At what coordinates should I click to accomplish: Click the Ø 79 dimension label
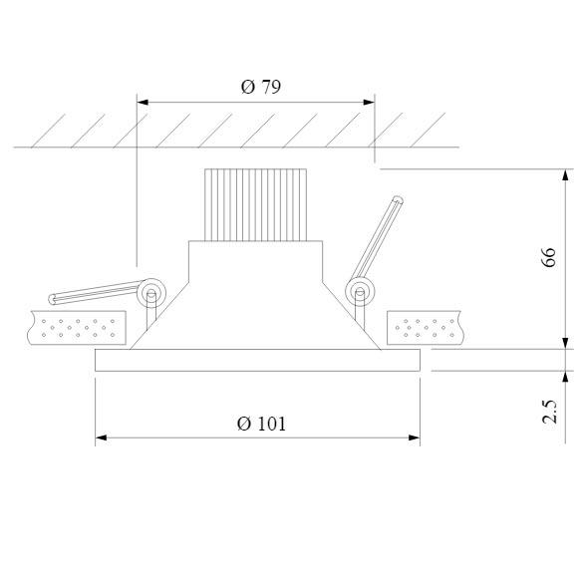[261, 87]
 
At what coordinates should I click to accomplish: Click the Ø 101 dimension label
[261, 424]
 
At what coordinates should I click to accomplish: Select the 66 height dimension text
[548, 257]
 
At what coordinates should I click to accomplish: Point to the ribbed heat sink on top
[254, 204]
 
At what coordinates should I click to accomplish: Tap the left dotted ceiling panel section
[80, 326]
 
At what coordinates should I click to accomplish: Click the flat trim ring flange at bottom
[257, 361]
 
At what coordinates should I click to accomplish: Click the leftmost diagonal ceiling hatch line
[47, 131]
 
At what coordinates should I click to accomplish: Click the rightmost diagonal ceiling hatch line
[430, 131]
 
